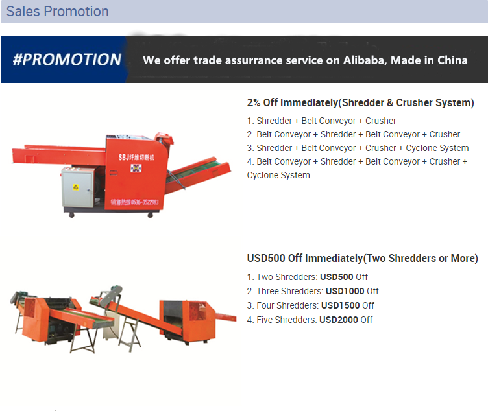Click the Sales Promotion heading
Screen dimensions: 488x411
point(57,12)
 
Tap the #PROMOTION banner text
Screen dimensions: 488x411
point(67,60)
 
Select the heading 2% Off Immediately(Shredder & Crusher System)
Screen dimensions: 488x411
point(360,102)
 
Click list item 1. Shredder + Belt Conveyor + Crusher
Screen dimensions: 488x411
point(321,121)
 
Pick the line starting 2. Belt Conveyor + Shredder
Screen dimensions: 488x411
point(354,134)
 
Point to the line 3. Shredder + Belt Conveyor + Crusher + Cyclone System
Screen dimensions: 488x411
point(358,148)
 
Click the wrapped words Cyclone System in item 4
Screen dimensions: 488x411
point(278,175)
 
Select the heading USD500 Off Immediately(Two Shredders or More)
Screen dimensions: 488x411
point(363,259)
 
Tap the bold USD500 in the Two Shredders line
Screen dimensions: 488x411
point(336,277)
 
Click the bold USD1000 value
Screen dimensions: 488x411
point(345,291)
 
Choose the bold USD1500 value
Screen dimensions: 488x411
point(341,305)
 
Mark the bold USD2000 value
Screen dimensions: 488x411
point(339,320)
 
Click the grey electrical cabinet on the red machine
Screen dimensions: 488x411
point(78,187)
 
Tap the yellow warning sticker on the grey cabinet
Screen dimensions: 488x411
point(76,187)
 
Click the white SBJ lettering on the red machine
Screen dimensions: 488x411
point(136,158)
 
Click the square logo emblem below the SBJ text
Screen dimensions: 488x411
point(136,168)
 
